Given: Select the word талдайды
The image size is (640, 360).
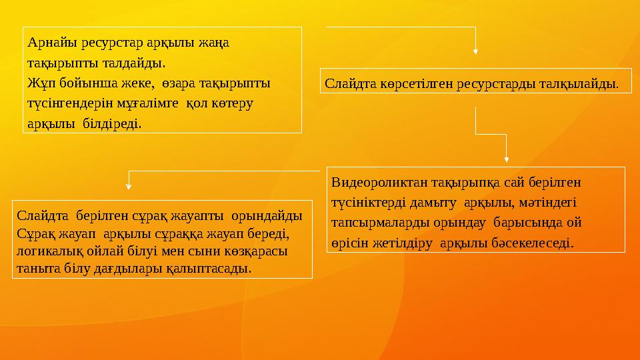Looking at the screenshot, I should pos(137,64).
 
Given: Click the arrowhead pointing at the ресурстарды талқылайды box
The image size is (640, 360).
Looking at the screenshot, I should pos(475,51).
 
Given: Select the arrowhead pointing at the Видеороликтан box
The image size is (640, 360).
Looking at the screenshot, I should pos(507,159).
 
